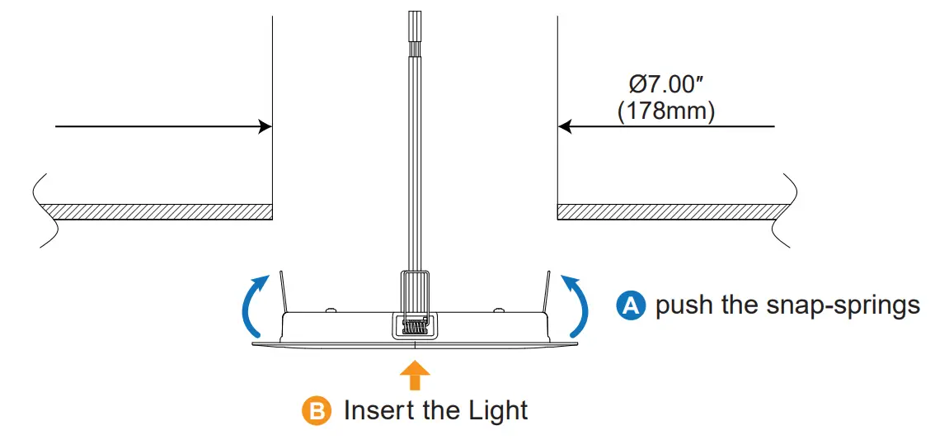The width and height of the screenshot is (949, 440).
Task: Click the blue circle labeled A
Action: click(x=631, y=306)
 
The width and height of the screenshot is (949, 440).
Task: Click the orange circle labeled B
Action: click(x=316, y=410)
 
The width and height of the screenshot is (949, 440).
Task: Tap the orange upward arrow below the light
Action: click(x=415, y=376)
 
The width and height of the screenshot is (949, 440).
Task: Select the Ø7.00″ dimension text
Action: click(x=667, y=84)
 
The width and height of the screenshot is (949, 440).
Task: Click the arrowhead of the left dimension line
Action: click(x=265, y=126)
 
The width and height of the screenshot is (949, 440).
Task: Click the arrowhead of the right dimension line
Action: click(x=565, y=126)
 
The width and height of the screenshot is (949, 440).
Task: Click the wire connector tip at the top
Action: click(x=415, y=25)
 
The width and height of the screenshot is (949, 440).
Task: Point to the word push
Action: click(x=684, y=306)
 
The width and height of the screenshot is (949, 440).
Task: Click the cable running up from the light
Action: click(x=415, y=165)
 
